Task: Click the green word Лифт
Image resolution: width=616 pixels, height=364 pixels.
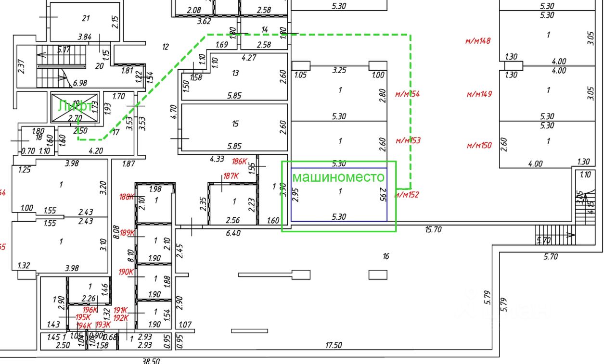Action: [75, 106]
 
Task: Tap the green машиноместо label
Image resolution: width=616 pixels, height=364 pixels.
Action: [339, 177]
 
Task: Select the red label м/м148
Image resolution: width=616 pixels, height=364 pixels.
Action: [478, 41]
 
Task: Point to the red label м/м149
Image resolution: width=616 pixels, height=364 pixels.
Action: [479, 94]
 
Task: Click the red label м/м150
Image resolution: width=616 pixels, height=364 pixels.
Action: [479, 145]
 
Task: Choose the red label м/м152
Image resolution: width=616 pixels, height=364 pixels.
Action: [407, 195]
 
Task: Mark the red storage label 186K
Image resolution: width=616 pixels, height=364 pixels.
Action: [239, 162]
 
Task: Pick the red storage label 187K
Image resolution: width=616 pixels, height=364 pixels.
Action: [231, 176]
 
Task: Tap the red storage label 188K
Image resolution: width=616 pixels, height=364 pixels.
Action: [127, 196]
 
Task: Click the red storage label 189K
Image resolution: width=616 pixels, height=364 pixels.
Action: [128, 233]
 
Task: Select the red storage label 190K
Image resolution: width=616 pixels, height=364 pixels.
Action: [126, 272]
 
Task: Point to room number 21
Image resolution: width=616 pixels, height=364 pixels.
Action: [86, 19]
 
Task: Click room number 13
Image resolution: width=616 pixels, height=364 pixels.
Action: [235, 73]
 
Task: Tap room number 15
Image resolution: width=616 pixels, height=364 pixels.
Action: [235, 124]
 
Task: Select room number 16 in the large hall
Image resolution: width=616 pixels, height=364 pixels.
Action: [385, 257]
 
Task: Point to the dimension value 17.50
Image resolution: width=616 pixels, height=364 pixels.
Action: [333, 345]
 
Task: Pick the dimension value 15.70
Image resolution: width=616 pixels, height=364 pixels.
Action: [433, 230]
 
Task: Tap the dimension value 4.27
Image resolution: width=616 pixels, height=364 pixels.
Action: [248, 58]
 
